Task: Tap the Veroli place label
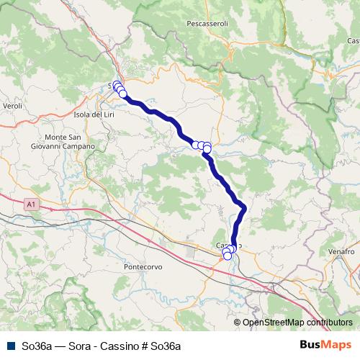click(x=13, y=106)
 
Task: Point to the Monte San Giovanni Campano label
click(x=70, y=141)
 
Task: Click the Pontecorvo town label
click(x=143, y=266)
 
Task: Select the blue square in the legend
click(x=10, y=346)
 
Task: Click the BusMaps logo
click(x=325, y=345)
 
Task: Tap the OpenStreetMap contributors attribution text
click(x=297, y=323)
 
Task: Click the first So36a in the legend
click(x=36, y=346)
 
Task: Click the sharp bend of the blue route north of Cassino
click(x=244, y=208)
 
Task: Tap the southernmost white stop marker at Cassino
click(x=228, y=256)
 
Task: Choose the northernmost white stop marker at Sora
click(x=117, y=84)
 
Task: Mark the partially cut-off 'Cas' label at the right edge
click(x=353, y=41)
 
